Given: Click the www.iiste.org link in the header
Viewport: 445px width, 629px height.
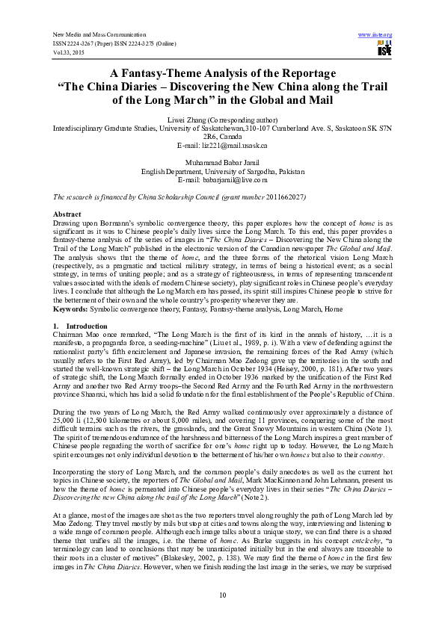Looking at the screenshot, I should coord(375,35).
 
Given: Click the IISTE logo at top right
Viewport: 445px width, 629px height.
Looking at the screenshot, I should coord(384,50).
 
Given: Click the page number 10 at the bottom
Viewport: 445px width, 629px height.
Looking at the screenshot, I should coord(222,595).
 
